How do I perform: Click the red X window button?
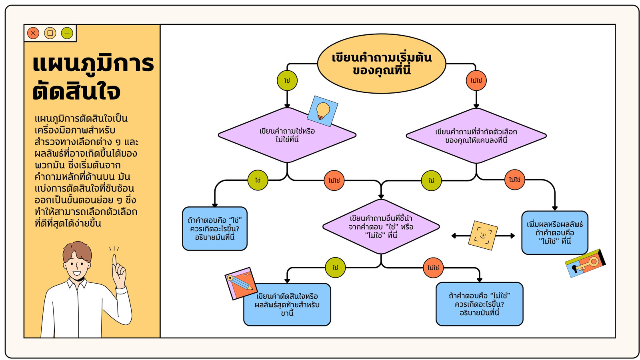(33, 33)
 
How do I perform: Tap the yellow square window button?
(50, 33)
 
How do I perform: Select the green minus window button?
(67, 33)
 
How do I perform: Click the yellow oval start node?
(382, 64)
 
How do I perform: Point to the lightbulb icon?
(322, 111)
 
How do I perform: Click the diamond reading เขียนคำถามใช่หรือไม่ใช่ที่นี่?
(287, 135)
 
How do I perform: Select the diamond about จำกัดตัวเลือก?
(476, 136)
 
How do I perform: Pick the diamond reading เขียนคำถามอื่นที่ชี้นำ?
(381, 227)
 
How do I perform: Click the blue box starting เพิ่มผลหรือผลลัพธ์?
(555, 232)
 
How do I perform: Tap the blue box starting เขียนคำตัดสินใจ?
(287, 304)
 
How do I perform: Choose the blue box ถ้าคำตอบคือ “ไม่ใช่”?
(480, 304)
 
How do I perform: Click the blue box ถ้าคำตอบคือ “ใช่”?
(215, 228)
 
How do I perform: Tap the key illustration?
(586, 263)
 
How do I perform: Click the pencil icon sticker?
(241, 284)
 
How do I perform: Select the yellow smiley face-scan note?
(483, 236)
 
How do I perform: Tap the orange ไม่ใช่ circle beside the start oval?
(476, 80)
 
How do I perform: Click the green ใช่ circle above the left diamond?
(287, 80)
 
